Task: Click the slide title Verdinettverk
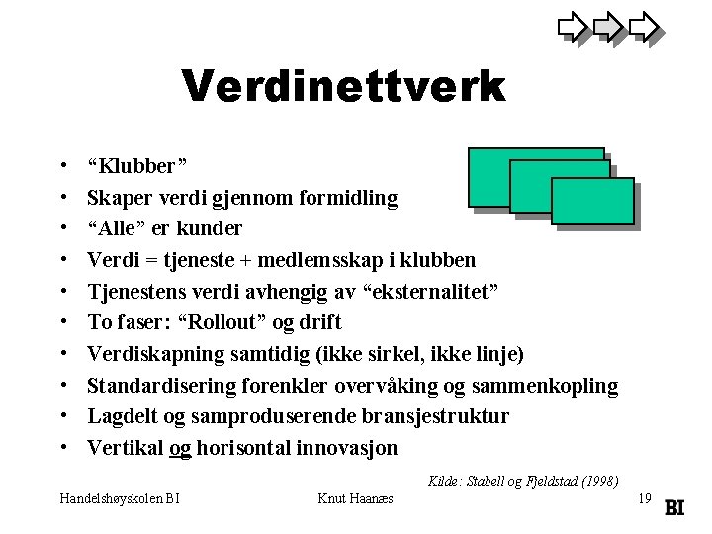[344, 87]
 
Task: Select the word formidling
[348, 199]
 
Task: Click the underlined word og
[181, 448]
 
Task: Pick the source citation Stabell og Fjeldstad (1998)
[523, 481]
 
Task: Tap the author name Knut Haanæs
[356, 499]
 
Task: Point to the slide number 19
[645, 499]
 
